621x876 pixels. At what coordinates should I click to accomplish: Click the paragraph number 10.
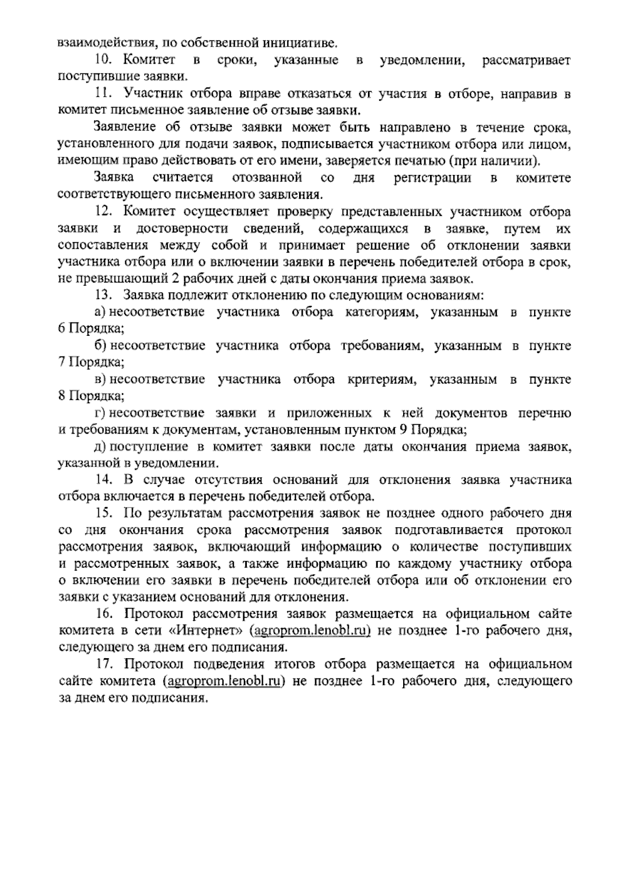point(102,61)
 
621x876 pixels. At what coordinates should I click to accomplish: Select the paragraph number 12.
point(102,212)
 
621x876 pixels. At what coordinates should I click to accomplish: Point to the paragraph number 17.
point(103,664)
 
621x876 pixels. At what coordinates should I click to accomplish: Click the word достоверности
point(183,229)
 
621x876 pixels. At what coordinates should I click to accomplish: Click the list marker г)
point(100,413)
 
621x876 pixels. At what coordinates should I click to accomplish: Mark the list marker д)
point(100,447)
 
